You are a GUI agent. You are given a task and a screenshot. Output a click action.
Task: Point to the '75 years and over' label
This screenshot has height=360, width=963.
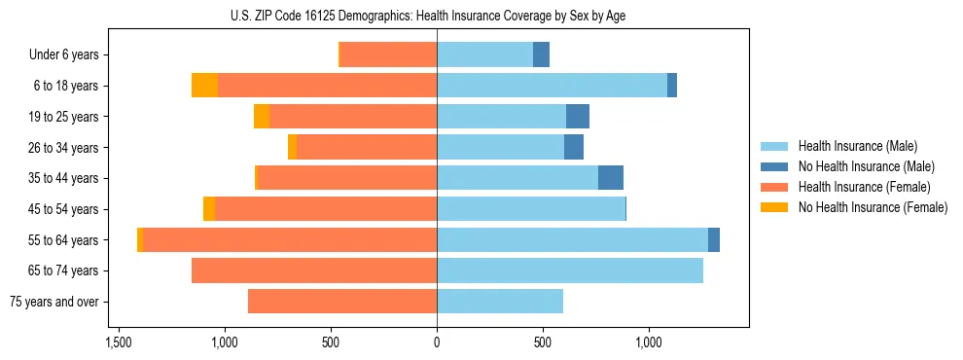(54, 302)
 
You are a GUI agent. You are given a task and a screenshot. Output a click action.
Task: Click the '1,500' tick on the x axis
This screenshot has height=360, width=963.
(118, 342)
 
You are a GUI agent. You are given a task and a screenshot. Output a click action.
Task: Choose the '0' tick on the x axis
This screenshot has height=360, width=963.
(437, 342)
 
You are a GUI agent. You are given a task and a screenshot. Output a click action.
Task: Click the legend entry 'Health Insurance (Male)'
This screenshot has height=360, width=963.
(857, 146)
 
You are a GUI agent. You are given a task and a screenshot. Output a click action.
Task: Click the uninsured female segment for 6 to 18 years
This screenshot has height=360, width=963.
(204, 86)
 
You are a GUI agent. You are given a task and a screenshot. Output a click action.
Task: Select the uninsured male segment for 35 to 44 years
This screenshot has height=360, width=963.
(610, 178)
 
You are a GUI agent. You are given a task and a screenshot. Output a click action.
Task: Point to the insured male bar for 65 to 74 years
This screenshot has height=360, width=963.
(570, 270)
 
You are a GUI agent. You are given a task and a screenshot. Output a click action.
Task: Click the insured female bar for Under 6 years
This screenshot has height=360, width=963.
(387, 54)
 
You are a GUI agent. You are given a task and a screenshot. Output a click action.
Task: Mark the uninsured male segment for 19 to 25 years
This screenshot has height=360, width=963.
(578, 117)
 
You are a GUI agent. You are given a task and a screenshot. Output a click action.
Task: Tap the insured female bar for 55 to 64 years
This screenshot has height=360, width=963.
(290, 240)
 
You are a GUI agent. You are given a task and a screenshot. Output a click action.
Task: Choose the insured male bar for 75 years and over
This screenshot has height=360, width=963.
(500, 302)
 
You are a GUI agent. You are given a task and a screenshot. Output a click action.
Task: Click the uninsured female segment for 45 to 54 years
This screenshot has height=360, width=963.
(209, 209)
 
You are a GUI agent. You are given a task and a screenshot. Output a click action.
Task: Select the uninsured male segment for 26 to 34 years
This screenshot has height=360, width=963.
(574, 147)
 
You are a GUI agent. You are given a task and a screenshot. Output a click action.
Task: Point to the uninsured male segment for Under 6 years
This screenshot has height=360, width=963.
(541, 54)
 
